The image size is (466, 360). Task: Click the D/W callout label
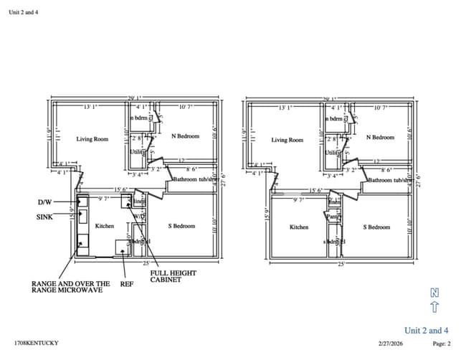click(44, 202)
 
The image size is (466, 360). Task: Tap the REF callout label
click(126, 284)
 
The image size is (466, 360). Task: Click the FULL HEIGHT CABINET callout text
click(173, 276)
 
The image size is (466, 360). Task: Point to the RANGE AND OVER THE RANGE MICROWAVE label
click(70, 287)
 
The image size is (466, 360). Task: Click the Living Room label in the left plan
click(92, 139)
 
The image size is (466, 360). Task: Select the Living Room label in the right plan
click(287, 140)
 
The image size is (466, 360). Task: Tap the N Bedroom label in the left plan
click(185, 136)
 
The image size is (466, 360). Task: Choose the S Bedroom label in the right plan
click(376, 227)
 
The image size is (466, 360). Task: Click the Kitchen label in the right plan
click(299, 227)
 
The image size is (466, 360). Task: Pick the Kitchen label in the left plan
click(105, 226)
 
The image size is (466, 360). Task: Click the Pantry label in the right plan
click(332, 216)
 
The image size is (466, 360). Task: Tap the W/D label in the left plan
click(139, 216)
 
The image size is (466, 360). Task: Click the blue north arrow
click(434, 308)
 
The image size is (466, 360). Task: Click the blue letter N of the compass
click(434, 293)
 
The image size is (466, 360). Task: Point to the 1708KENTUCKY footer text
click(36, 344)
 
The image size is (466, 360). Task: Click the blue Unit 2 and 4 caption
click(427, 330)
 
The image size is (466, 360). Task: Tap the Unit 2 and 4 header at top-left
click(23, 12)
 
